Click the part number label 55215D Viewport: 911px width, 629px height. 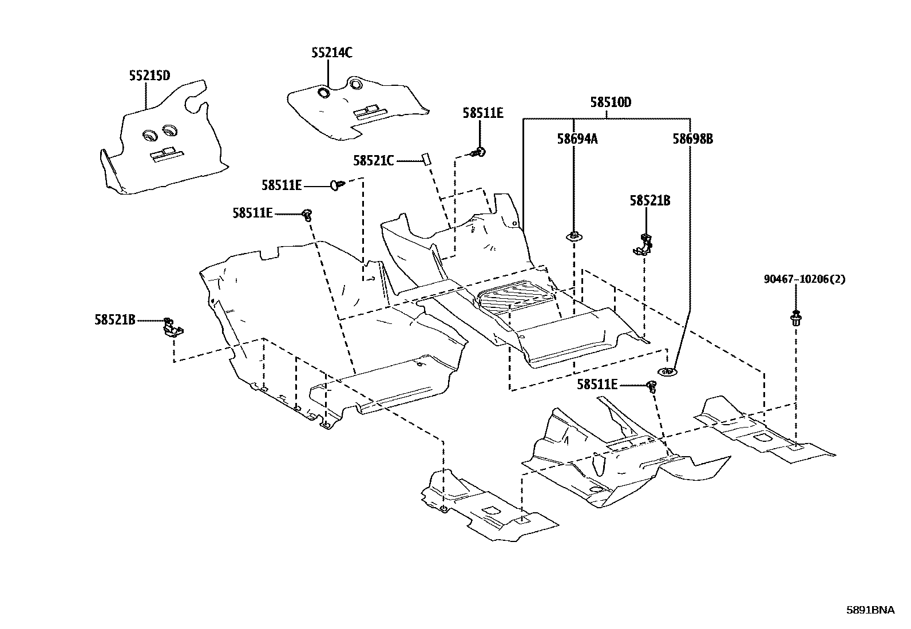pyautogui.click(x=150, y=76)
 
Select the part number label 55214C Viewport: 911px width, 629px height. pyautogui.click(x=332, y=53)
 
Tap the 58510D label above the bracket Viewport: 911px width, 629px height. pyautogui.click(x=611, y=102)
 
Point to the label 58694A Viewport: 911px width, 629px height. pyautogui.click(x=577, y=139)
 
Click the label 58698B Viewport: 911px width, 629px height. pyautogui.click(x=693, y=139)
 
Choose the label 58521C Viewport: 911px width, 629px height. pyautogui.click(x=373, y=161)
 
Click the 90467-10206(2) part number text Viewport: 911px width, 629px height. pyautogui.click(x=805, y=279)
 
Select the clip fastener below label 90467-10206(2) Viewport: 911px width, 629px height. pyautogui.click(x=796, y=318)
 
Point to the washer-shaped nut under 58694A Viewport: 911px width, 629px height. pyautogui.click(x=573, y=236)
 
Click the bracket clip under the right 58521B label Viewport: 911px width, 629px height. pyautogui.click(x=643, y=244)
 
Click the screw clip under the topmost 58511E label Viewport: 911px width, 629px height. pyautogui.click(x=479, y=153)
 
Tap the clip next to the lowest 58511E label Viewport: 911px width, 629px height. pyautogui.click(x=652, y=386)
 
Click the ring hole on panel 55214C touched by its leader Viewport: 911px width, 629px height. pyautogui.click(x=324, y=93)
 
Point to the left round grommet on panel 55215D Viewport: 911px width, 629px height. pyautogui.click(x=150, y=136)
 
